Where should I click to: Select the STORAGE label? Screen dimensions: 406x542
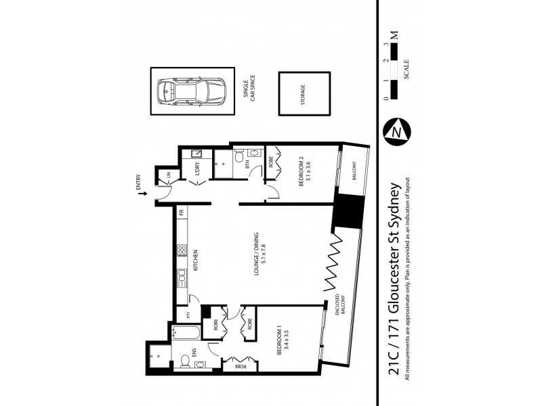(303, 94)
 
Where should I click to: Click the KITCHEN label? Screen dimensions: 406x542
(195, 260)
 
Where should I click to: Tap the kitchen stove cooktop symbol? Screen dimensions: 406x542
(181, 252)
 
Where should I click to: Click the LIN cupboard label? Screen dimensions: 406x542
(169, 175)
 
